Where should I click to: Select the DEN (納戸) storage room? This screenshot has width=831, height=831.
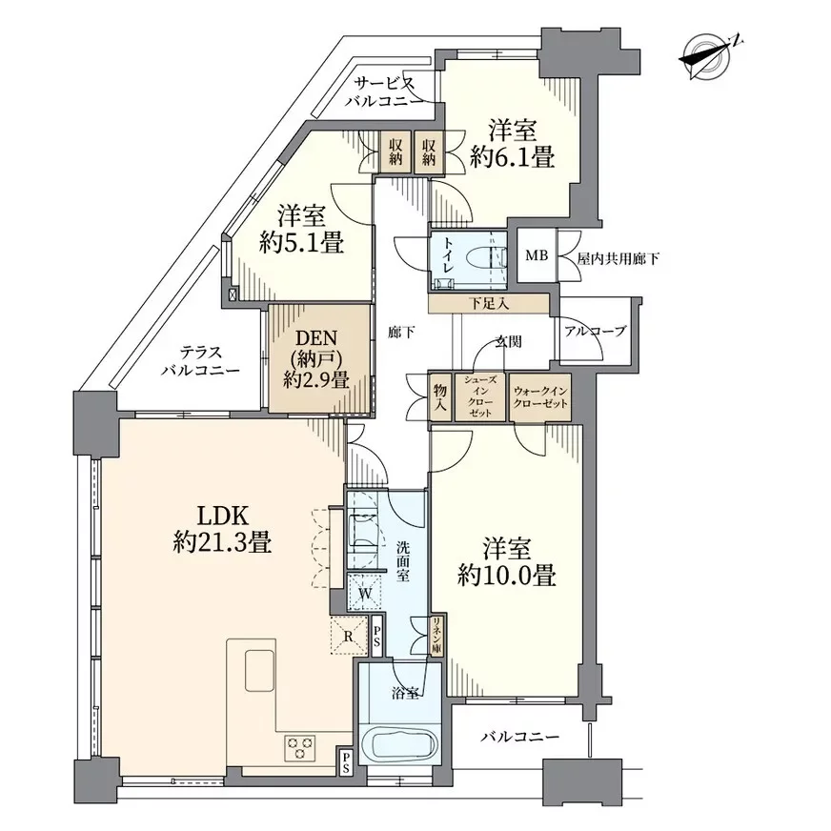[318, 357]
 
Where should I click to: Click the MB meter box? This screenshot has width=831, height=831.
[537, 256]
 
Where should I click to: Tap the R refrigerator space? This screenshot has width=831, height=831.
[348, 636]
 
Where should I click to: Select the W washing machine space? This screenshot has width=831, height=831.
[365, 593]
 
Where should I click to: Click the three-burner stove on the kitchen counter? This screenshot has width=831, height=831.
[300, 748]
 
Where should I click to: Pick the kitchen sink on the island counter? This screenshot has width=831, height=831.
[259, 670]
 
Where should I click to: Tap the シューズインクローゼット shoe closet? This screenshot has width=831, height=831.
[480, 397]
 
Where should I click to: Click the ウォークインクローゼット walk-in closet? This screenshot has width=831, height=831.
[540, 397]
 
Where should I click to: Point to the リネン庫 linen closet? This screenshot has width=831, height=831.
[438, 636]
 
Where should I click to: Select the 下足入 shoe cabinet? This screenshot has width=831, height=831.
[489, 304]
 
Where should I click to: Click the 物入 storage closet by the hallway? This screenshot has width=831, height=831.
[440, 397]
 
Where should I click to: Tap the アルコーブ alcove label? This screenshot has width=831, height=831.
[596, 332]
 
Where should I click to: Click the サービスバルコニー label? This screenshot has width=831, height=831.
[385, 91]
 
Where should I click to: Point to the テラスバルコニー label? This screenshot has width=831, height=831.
[201, 361]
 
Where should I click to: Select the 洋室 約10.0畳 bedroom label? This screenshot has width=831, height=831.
[507, 561]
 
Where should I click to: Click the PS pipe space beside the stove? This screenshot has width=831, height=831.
[345, 761]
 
